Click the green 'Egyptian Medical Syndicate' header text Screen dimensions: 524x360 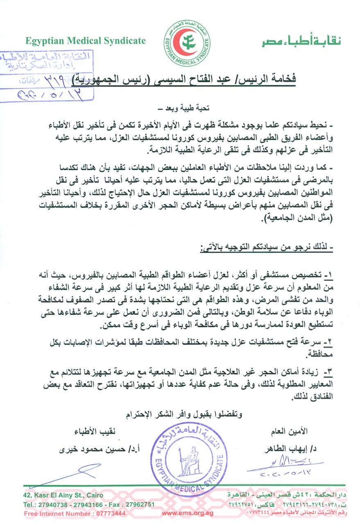(x=85, y=41)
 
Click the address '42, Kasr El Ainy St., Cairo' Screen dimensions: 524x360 (x=63, y=495)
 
